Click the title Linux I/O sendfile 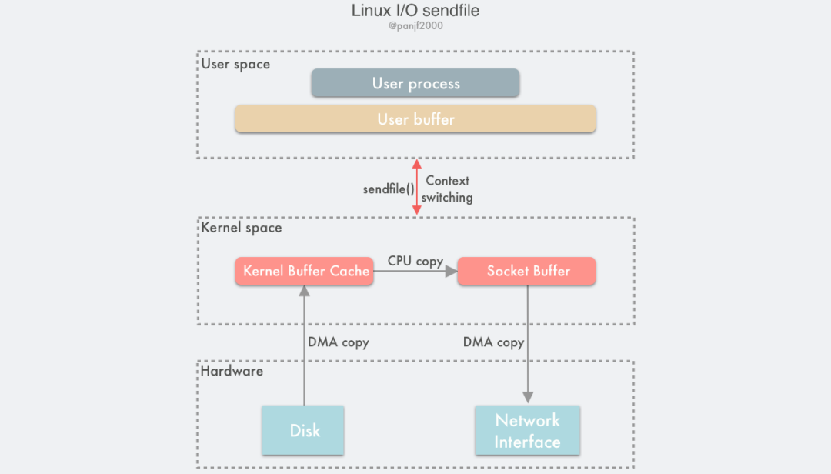[x=415, y=11]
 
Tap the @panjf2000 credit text [x=415, y=26]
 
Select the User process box [x=415, y=83]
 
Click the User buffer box [x=415, y=119]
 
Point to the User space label [x=235, y=64]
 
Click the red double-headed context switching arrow [x=417, y=187]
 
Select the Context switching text [x=447, y=189]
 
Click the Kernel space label [x=241, y=228]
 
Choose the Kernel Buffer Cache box [x=304, y=271]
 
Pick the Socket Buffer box [x=528, y=271]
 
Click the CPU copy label [x=415, y=261]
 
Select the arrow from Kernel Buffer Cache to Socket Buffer [x=415, y=272]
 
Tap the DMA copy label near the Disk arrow [x=338, y=342]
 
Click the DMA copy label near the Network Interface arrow [x=493, y=342]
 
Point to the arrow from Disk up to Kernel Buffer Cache [x=305, y=346]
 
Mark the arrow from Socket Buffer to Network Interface [x=528, y=346]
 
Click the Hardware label [x=232, y=371]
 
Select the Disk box [x=305, y=430]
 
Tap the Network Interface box [x=528, y=431]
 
